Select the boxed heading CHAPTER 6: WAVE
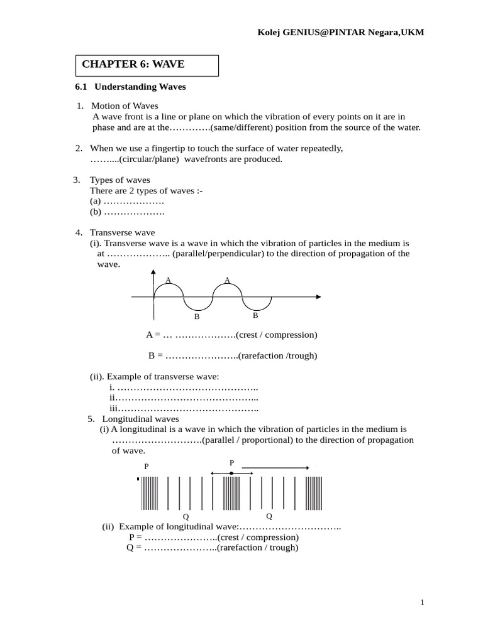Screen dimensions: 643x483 (x=133, y=64)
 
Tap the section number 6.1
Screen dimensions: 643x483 (x=80, y=87)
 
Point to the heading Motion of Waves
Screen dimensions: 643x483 (x=125, y=105)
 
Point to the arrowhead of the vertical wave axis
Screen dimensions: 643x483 (x=153, y=272)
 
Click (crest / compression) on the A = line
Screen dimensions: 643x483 (x=276, y=335)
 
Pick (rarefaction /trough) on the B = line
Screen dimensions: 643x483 (x=277, y=355)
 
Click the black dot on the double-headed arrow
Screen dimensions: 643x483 (x=231, y=473)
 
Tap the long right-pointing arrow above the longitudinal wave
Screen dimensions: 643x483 (x=275, y=468)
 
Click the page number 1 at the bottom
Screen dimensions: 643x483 (x=423, y=603)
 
